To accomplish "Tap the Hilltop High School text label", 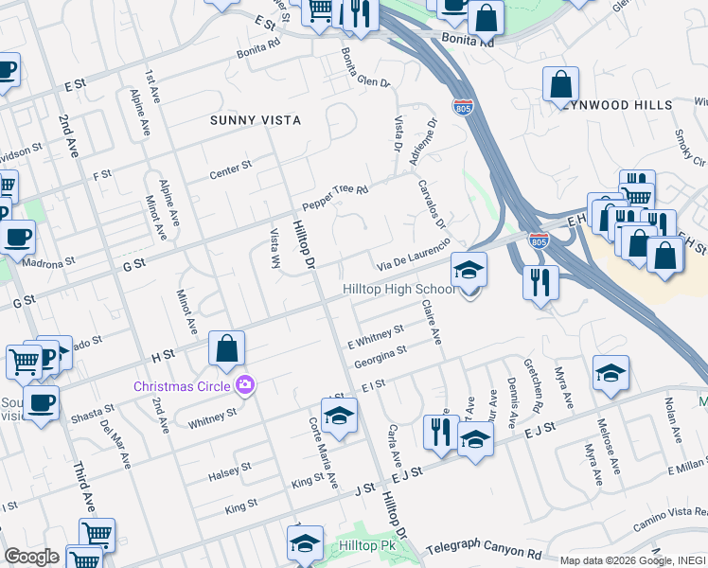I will tap(398, 289).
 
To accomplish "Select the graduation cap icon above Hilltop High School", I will tap(469, 271).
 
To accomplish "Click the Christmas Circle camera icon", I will tap(246, 385).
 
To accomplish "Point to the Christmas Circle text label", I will tap(185, 386).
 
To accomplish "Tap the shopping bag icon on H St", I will tap(227, 349).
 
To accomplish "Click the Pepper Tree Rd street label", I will tap(334, 197).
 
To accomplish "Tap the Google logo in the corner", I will tap(31, 557).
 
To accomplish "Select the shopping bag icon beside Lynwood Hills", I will tap(560, 84).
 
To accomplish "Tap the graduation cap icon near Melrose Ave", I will tap(611, 375).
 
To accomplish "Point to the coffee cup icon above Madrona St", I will tap(18, 238).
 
